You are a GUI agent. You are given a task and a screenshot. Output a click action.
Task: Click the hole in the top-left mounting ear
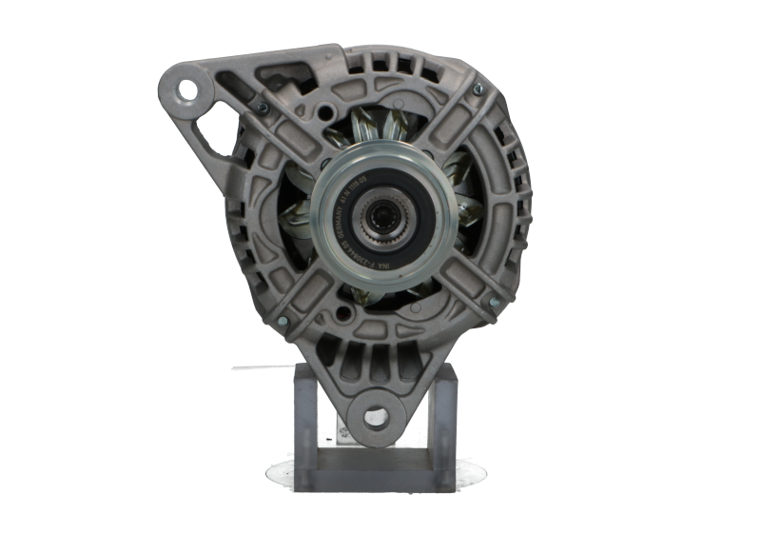pyautogui.click(x=194, y=91)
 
